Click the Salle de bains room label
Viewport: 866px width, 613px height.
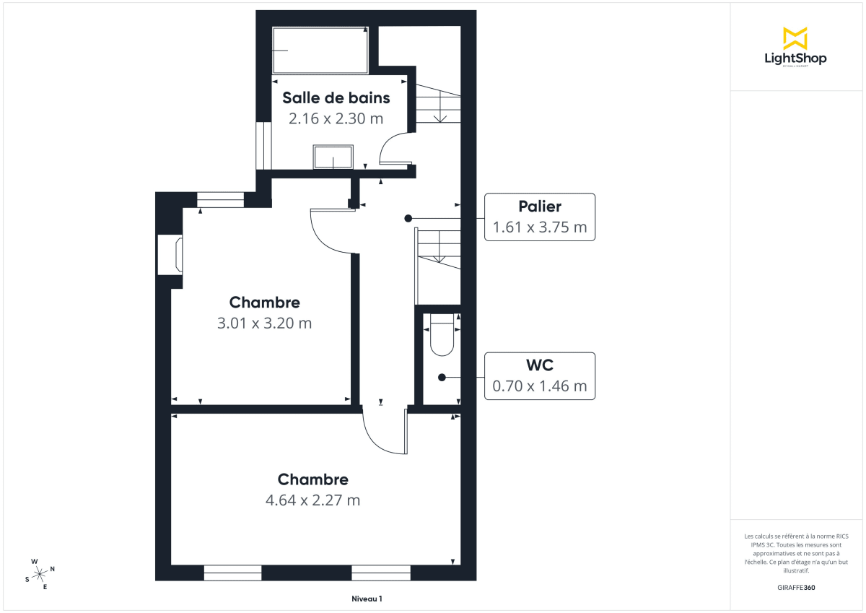point(336,98)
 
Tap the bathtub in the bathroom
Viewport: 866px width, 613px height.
point(320,51)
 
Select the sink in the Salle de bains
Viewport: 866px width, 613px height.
point(333,156)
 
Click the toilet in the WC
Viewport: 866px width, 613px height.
point(441,336)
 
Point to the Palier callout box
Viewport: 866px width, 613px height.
point(540,217)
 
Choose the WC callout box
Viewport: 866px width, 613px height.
point(540,375)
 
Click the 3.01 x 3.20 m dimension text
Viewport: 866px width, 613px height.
point(264,323)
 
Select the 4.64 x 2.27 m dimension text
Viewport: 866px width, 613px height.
point(312,500)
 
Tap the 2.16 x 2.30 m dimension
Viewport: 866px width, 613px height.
point(336,118)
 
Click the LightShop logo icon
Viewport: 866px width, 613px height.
point(795,38)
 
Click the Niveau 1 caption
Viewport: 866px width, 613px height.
point(367,599)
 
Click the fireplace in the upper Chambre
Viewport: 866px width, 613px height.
point(170,255)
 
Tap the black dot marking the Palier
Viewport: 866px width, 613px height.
point(408,218)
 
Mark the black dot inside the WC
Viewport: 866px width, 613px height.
point(441,377)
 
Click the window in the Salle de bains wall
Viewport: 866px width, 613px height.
point(263,145)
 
